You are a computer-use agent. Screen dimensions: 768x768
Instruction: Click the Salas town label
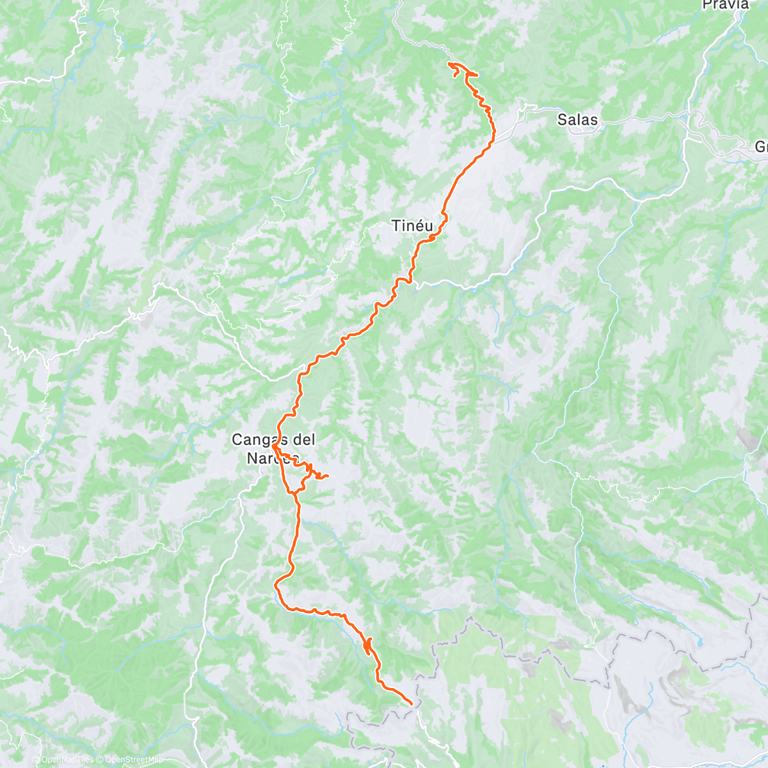pos(577,120)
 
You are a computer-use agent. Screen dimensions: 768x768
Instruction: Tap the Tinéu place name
pos(412,225)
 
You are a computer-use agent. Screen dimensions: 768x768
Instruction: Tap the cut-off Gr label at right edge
pos(761,147)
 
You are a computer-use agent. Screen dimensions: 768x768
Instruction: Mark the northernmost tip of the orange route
pos(451,63)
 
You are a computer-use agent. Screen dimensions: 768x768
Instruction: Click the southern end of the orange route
pos(411,704)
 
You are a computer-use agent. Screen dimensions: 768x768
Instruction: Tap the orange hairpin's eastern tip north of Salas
pos(477,76)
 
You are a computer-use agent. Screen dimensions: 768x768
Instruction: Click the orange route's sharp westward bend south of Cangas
pos(276,584)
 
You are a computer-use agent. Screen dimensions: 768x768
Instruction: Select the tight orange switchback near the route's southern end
pos(367,645)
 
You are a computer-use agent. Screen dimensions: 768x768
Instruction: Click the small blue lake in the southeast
pos(700,641)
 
